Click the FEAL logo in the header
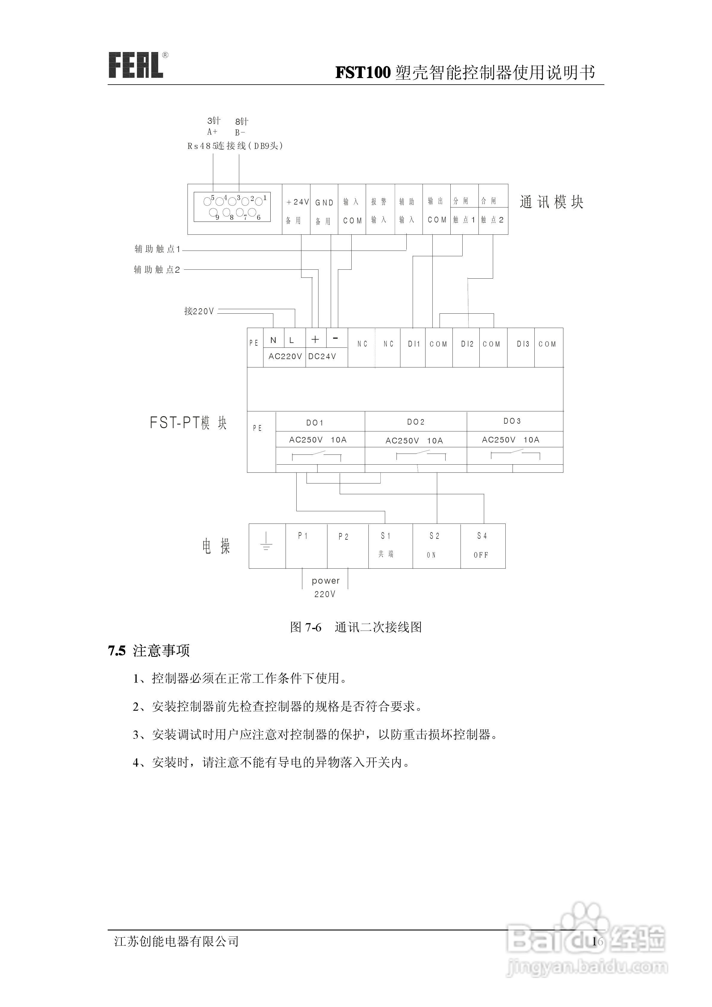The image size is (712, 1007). (x=136, y=66)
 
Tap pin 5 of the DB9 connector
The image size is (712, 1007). (x=207, y=201)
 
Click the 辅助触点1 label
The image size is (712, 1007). (x=157, y=249)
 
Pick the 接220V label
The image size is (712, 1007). (x=199, y=311)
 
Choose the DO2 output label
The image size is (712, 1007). (x=415, y=422)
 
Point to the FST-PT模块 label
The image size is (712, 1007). (x=188, y=423)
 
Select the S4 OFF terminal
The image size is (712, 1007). (x=482, y=545)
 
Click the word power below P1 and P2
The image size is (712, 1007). (x=326, y=581)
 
